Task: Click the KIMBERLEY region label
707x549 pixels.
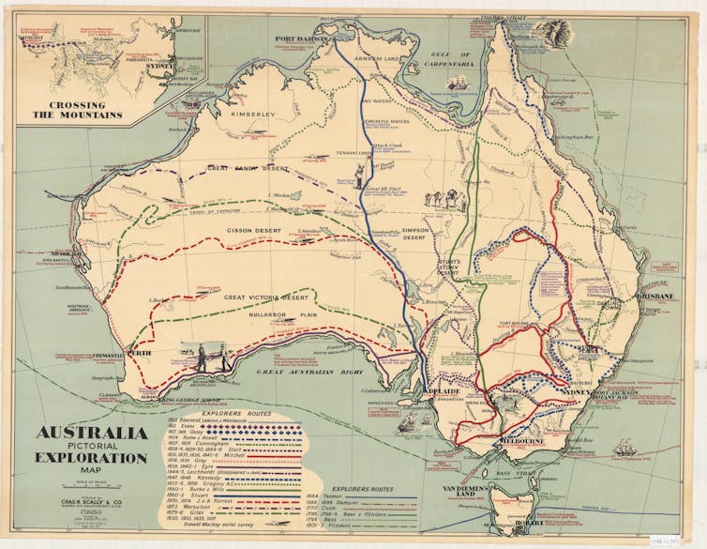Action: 255,113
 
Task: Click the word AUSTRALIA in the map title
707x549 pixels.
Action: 92,434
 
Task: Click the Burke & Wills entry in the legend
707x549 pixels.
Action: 202,488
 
